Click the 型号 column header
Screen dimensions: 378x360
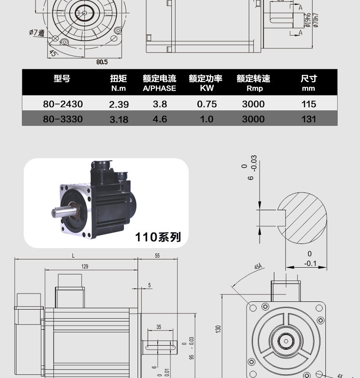click(62, 78)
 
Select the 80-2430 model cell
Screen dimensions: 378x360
click(63, 104)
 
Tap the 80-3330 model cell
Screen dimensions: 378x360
click(63, 119)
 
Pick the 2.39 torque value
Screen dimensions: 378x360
click(119, 104)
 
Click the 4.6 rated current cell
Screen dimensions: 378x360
click(160, 119)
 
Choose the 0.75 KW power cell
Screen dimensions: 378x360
click(207, 104)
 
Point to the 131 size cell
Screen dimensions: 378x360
click(309, 119)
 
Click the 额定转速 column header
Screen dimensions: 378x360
click(253, 78)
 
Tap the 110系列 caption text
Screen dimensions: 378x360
click(158, 237)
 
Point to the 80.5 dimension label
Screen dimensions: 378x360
click(102, 62)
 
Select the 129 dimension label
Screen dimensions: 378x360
click(85, 267)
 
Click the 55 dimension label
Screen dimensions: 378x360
click(157, 256)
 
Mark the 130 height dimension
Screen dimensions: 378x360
click(218, 328)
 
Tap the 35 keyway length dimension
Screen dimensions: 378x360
click(159, 327)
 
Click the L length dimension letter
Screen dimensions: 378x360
click(73, 256)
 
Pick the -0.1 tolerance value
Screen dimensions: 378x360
click(310, 263)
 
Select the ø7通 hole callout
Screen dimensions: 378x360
click(36, 33)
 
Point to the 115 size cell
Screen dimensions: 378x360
click(309, 104)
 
